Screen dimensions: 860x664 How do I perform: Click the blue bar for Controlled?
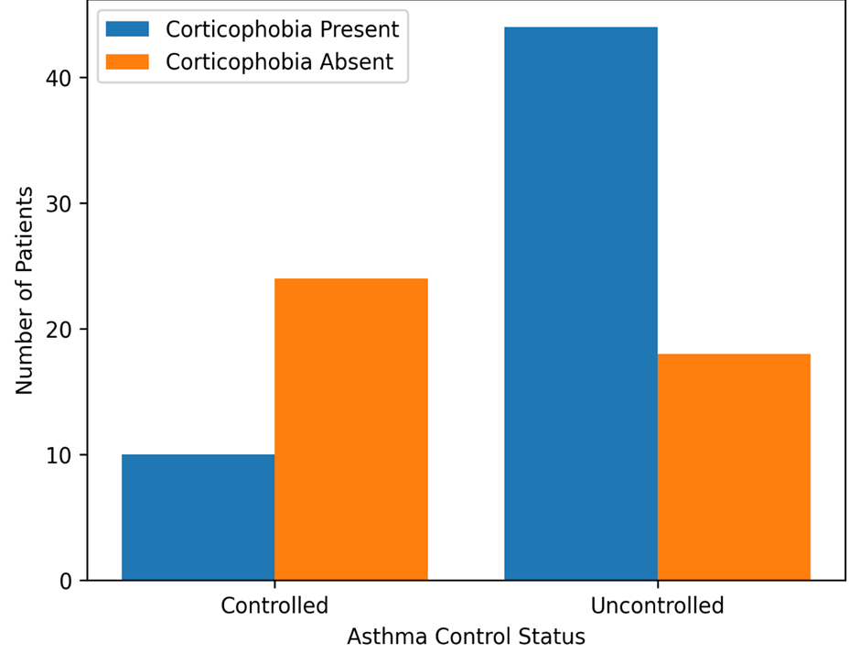[198, 517]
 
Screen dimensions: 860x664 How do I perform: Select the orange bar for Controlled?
[351, 429]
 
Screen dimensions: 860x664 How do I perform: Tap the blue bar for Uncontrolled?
[581, 303]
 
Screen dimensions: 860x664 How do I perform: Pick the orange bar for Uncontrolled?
[734, 467]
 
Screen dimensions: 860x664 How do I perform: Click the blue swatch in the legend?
[127, 29]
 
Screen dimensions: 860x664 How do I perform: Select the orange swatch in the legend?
[127, 61]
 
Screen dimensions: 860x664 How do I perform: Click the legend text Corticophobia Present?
[283, 29]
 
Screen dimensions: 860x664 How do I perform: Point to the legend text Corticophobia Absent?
[280, 62]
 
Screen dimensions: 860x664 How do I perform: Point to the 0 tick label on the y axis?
[66, 581]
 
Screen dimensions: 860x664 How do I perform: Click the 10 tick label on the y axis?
[59, 455]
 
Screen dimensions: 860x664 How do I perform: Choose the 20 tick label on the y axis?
[59, 330]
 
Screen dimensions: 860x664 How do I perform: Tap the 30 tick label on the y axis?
[59, 203]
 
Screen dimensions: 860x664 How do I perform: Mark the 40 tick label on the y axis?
[59, 78]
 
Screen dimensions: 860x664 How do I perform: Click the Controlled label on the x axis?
[274, 605]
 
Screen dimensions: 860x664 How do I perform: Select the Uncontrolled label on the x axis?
[657, 605]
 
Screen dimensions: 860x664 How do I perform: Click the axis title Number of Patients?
[24, 290]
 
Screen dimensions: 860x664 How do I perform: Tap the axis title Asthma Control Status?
[467, 637]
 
